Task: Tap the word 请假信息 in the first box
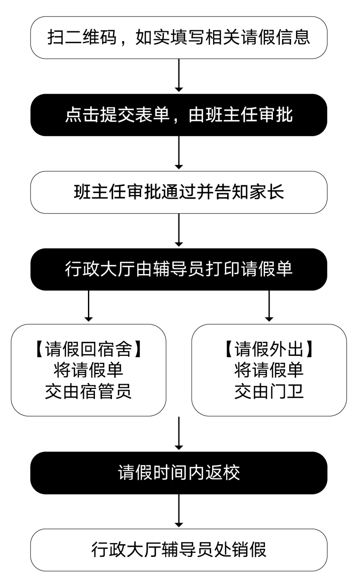(276, 37)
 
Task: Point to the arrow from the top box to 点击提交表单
(179, 75)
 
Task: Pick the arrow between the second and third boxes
(179, 152)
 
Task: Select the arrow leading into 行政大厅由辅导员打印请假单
(179, 230)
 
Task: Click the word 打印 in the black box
(223, 269)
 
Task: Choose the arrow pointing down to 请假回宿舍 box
(88, 306)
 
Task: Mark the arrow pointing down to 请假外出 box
(269, 306)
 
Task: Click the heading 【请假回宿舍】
(88, 349)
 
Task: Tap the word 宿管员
(106, 391)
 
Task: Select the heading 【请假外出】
(269, 349)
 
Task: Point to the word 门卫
(287, 391)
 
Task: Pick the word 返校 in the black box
(223, 472)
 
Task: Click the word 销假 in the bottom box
(249, 550)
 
